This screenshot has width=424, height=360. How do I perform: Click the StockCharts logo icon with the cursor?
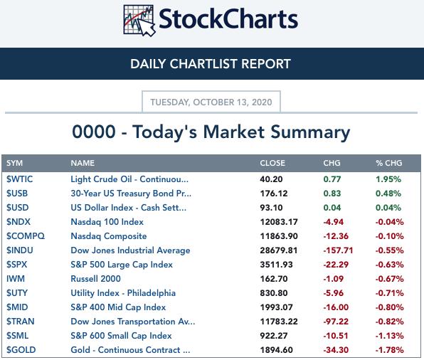(x=139, y=21)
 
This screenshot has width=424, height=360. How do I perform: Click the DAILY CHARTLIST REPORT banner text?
(x=211, y=64)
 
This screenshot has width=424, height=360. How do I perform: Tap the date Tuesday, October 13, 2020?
(x=211, y=102)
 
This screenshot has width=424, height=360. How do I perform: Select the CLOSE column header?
(x=272, y=163)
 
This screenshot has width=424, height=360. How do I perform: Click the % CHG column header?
(x=389, y=163)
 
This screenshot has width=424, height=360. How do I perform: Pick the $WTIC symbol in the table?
(x=19, y=179)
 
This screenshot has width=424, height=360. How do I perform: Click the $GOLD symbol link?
(x=21, y=350)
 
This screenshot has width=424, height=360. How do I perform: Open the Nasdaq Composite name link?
(x=109, y=236)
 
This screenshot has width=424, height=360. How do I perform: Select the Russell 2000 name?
(x=96, y=279)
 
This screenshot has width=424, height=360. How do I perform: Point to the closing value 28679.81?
(x=279, y=250)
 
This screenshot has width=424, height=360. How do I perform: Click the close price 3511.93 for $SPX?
(x=276, y=265)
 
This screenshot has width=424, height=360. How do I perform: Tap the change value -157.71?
(x=338, y=250)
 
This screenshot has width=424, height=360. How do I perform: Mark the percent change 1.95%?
(x=388, y=179)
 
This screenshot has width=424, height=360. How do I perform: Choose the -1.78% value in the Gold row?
(x=389, y=350)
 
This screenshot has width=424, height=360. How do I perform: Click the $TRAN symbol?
(x=21, y=322)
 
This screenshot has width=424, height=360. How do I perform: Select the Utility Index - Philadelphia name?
(x=123, y=293)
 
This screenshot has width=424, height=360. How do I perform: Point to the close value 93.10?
(x=271, y=208)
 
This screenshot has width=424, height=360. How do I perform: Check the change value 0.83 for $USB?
(x=332, y=194)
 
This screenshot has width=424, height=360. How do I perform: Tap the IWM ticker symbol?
(x=16, y=279)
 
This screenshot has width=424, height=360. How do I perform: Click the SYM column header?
(x=15, y=163)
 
